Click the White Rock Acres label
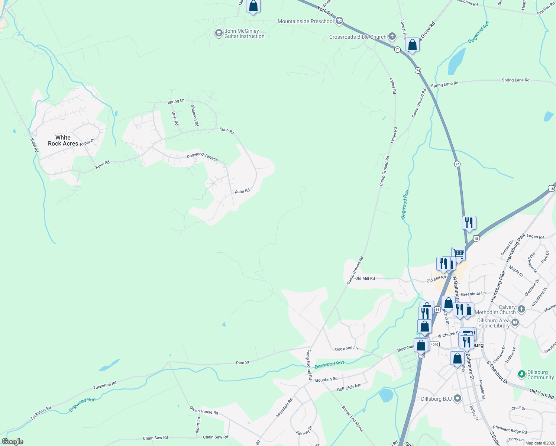[x=63, y=140]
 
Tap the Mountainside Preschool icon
[x=339, y=21]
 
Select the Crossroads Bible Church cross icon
[x=392, y=36]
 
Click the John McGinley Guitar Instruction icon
[x=219, y=33]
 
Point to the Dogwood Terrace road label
[x=202, y=156]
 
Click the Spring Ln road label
[x=176, y=101]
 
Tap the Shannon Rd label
[x=194, y=115]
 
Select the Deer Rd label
[x=175, y=118]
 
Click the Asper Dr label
[x=87, y=142]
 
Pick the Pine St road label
[x=243, y=362]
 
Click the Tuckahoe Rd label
[x=105, y=385]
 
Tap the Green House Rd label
[x=204, y=410]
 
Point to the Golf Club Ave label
[x=349, y=387]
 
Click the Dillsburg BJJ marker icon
[x=458, y=399]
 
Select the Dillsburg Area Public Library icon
[x=515, y=323]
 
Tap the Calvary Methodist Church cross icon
[x=521, y=309]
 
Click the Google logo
[x=13, y=441]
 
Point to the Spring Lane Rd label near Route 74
[x=445, y=85]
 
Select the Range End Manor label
[x=353, y=418]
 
